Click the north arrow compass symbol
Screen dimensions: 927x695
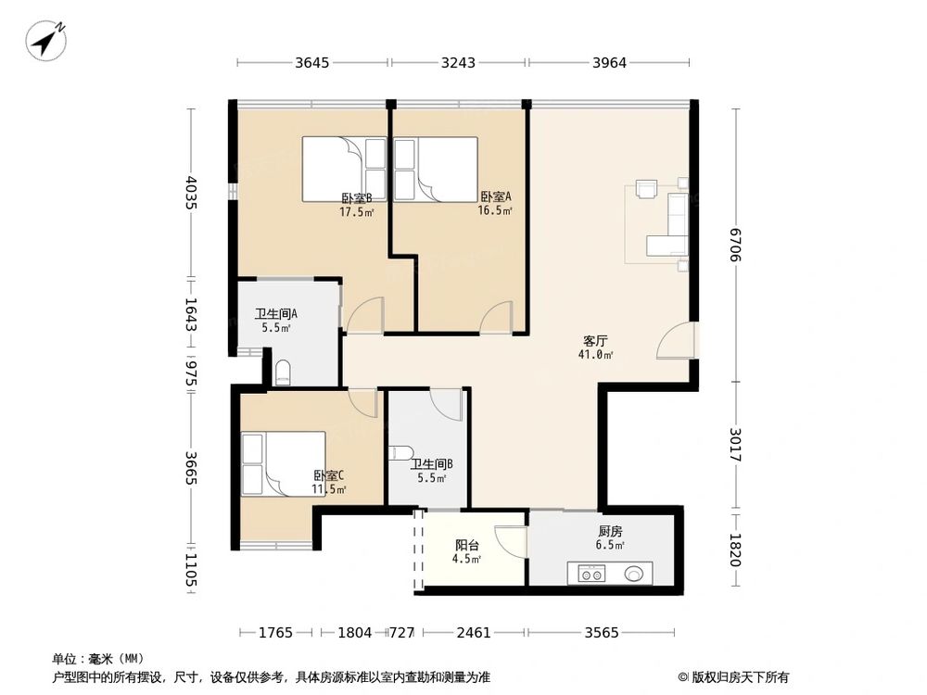(x=46, y=40)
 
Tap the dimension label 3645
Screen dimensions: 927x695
(x=312, y=63)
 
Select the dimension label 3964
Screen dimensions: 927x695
(x=610, y=63)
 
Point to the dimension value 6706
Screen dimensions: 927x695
(x=736, y=245)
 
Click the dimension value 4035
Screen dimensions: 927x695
(x=190, y=193)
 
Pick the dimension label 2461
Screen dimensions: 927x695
(x=474, y=633)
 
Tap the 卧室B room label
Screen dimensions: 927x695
(x=357, y=198)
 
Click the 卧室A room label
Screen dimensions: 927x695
(x=495, y=196)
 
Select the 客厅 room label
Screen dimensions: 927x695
(x=595, y=341)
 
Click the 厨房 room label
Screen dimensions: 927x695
(x=610, y=532)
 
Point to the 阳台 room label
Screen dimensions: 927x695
(x=467, y=546)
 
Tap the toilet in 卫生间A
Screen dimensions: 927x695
(x=283, y=373)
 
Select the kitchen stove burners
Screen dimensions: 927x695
(x=591, y=574)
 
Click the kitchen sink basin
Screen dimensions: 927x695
(x=634, y=574)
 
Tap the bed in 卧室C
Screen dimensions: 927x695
(x=283, y=464)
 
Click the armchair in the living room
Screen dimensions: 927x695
(x=646, y=188)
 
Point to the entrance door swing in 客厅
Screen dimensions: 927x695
(x=674, y=340)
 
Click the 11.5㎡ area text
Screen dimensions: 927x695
(x=329, y=489)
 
